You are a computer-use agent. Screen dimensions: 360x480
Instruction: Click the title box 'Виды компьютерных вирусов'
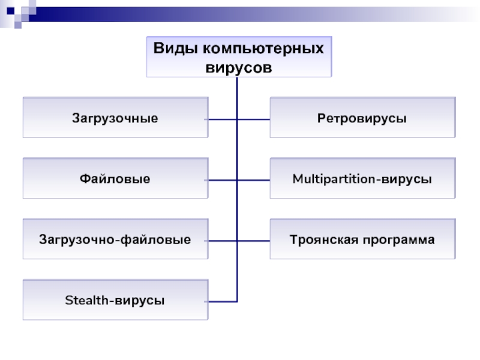pyautogui.click(x=239, y=56)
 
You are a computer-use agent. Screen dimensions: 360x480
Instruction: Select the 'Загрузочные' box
pyautogui.click(x=116, y=118)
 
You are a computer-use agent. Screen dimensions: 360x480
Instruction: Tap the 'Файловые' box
pyautogui.click(x=116, y=179)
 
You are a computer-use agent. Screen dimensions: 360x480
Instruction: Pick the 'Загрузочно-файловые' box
pyautogui.click(x=116, y=240)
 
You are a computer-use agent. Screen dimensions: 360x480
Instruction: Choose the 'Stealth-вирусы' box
pyautogui.click(x=116, y=299)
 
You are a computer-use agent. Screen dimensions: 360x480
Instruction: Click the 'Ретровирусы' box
pyautogui.click(x=362, y=118)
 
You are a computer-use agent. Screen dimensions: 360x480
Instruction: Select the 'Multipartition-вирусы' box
pyautogui.click(x=362, y=179)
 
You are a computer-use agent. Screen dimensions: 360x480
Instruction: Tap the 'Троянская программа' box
pyautogui.click(x=362, y=240)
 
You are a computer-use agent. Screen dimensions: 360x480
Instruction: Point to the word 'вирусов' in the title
pyautogui.click(x=239, y=67)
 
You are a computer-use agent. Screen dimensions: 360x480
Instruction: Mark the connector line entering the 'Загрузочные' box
pyautogui.click(x=223, y=119)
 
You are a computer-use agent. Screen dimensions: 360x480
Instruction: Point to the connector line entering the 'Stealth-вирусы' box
pyautogui.click(x=223, y=301)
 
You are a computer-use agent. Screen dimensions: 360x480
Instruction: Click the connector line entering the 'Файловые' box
pyautogui.click(x=223, y=180)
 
